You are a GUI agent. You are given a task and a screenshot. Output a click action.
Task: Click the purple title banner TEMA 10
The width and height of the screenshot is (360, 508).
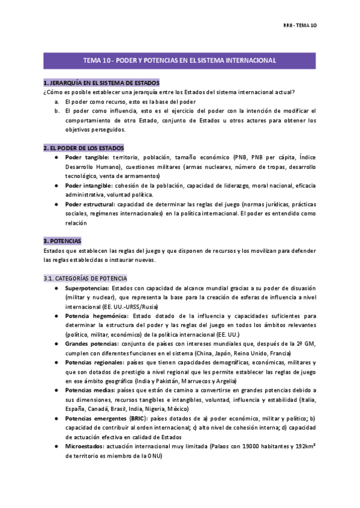(179, 61)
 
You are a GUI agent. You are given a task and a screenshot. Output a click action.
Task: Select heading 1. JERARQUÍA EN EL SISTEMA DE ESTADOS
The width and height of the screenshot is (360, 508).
(101, 82)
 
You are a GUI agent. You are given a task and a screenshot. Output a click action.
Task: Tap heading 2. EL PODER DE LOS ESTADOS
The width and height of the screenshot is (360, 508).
(83, 147)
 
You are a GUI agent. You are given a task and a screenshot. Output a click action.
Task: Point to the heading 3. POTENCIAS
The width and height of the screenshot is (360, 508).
(67, 241)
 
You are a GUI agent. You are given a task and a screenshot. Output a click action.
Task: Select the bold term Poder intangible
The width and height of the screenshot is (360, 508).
(86, 186)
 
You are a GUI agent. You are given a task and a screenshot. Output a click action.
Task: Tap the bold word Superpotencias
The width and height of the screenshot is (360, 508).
(87, 288)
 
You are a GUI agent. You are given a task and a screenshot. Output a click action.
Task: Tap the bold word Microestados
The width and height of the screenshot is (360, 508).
(83, 446)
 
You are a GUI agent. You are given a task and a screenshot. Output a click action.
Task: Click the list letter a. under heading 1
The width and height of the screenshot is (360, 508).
(56, 101)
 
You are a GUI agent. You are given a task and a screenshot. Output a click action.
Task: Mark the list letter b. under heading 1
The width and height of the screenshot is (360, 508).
(56, 111)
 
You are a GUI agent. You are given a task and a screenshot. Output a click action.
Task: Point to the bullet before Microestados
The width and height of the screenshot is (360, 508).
(56, 446)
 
